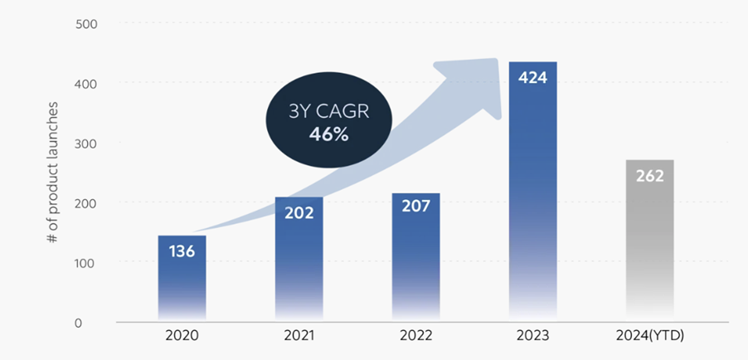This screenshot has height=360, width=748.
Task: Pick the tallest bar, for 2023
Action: click(x=532, y=199)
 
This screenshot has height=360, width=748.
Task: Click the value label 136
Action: click(x=182, y=250)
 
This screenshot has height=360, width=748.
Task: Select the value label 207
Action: click(x=415, y=206)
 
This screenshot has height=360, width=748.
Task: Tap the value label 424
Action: click(x=532, y=77)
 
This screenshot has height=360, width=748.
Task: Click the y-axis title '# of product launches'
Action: click(x=52, y=172)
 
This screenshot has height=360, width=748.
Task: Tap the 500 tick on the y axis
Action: click(x=86, y=23)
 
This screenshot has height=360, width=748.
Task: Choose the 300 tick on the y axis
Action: click(x=86, y=143)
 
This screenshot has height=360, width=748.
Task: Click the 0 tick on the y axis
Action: click(x=94, y=322)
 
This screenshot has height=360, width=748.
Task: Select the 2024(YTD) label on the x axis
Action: click(x=649, y=338)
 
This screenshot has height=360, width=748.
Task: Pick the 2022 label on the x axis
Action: click(x=415, y=338)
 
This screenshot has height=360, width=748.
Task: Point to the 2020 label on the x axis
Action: click(x=182, y=338)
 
